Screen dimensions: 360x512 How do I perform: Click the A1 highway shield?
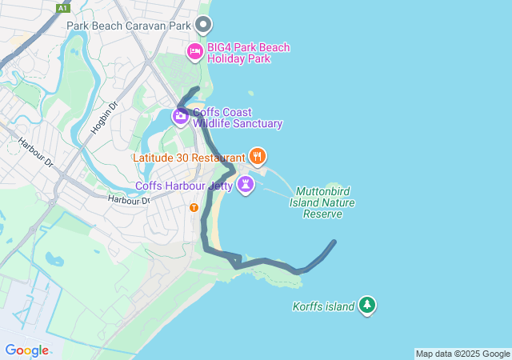[x=63, y=8]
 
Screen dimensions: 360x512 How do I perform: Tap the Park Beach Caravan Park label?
[x=130, y=25]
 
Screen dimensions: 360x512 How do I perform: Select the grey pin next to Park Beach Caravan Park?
[x=203, y=25]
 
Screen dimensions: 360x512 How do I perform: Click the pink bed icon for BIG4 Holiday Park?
[x=194, y=52]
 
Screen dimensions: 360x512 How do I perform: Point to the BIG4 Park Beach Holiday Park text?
[x=248, y=53]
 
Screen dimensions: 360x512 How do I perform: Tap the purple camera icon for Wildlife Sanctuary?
[x=181, y=117]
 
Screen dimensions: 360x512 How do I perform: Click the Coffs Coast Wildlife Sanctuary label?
[x=238, y=118]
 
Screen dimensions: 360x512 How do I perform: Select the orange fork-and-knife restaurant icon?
[x=257, y=155]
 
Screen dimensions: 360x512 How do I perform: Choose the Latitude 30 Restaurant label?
[x=189, y=157]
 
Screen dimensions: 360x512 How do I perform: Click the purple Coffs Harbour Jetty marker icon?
[x=246, y=186]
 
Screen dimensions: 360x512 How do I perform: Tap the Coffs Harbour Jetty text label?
[x=184, y=186]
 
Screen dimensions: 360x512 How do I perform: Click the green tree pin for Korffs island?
[x=367, y=305]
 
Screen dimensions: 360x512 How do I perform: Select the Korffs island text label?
[x=323, y=306]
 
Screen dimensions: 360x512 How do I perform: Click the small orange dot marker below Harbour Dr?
[x=194, y=208]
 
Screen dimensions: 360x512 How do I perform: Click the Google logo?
[x=26, y=350]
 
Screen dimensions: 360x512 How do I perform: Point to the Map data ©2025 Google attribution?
[x=462, y=354]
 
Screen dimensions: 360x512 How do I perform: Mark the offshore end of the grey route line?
[x=334, y=242]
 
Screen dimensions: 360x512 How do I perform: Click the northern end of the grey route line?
[x=198, y=89]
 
